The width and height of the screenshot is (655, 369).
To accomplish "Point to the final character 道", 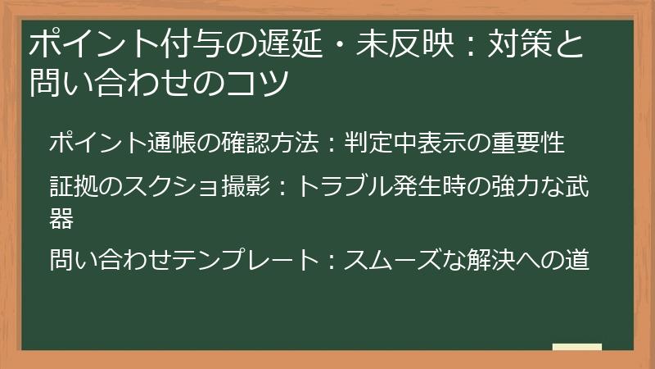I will pos(576,261).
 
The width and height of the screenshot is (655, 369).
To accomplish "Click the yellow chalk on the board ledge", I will pos(576,348).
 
